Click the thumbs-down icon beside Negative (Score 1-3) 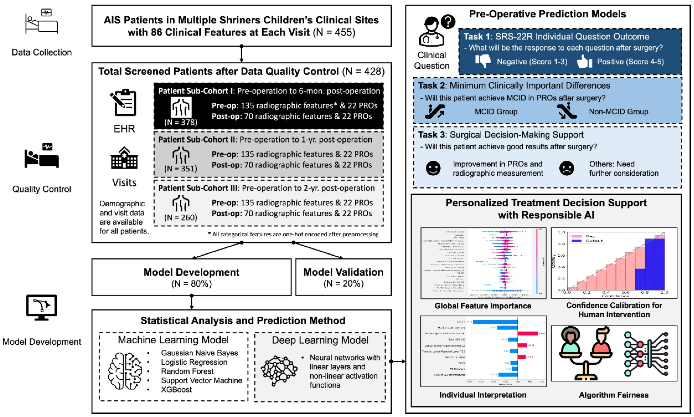click(483, 61)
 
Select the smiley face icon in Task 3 click(433, 168)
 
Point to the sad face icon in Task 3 click(567, 169)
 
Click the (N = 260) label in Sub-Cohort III click(181, 217)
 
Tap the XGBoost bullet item click(176, 389)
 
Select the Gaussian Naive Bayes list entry click(199, 353)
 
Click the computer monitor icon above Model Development click(42, 308)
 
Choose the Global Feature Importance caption click(483, 306)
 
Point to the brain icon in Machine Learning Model click(125, 371)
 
